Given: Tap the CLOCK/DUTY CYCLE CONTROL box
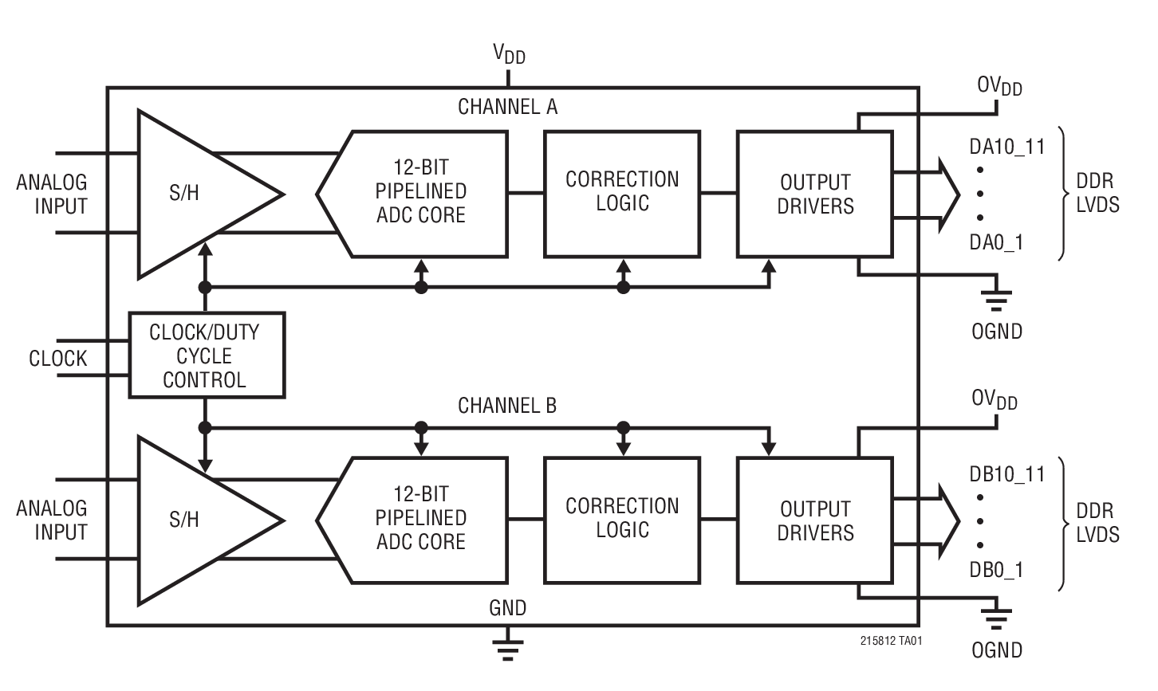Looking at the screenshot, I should point(207,355).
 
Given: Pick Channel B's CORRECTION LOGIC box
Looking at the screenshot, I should point(622,520).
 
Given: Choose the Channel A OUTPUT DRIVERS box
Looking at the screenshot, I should point(814,194).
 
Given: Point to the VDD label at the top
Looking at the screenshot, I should point(509,55).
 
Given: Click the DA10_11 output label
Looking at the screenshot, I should point(1006,147).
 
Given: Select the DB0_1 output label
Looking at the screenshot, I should point(996,570).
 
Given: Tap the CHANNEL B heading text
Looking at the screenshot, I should point(507,406).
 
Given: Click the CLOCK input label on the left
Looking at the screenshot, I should point(57,359).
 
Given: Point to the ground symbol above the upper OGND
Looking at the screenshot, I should point(996,300).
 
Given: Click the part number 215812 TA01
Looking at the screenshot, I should point(891,640).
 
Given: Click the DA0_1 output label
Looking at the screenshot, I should point(996,242).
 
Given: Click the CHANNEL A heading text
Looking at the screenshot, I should point(507,107).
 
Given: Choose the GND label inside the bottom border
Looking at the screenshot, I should point(507,609).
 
